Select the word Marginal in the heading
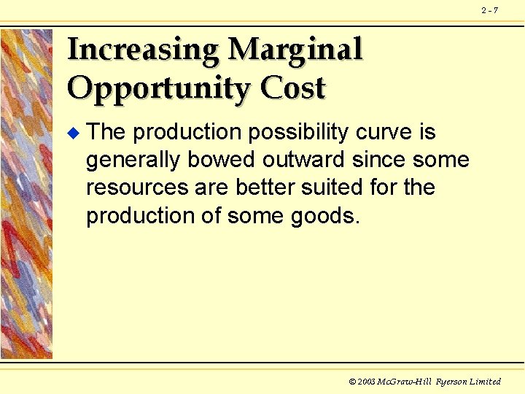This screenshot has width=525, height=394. pos(295,50)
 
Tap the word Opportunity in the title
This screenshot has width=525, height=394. pos(158,89)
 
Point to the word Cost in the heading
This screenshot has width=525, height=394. pos(292,88)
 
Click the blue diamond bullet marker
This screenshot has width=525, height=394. pos(71,133)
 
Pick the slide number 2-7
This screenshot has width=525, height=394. pos(489,10)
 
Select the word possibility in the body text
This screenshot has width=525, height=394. pos(299,132)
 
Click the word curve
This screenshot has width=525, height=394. pos(386,132)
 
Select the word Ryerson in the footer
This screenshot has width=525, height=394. pos(452,382)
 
